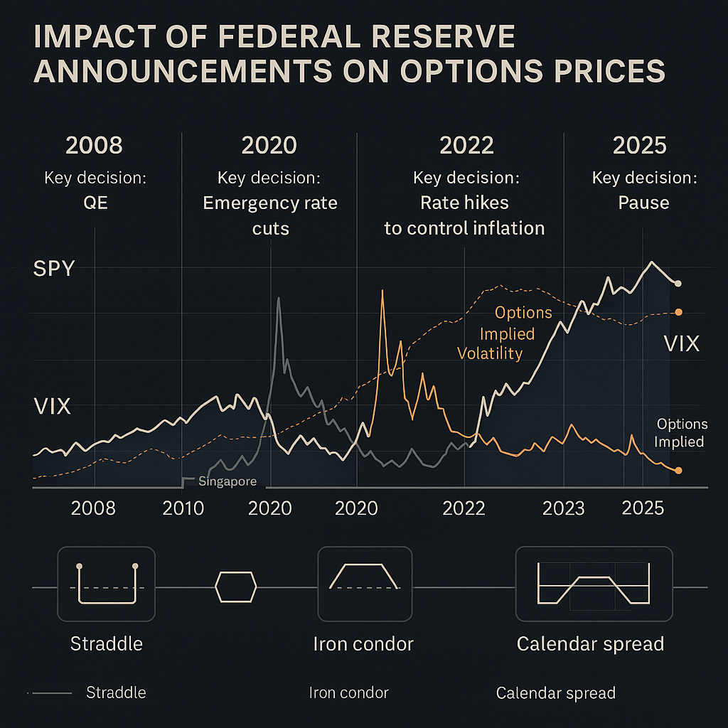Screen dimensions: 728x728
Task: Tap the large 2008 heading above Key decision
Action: tap(94, 145)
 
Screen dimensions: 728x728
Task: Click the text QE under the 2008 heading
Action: tap(95, 203)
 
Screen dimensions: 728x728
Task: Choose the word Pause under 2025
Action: tap(643, 203)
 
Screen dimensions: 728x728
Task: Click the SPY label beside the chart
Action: tap(54, 269)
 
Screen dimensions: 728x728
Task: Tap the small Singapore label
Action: tap(226, 481)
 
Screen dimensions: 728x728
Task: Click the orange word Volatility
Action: tap(490, 353)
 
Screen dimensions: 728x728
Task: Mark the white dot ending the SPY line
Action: tap(678, 283)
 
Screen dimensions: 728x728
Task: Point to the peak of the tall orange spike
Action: tap(382, 291)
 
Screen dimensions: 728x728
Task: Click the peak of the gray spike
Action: tap(278, 298)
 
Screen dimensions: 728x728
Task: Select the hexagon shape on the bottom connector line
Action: tap(235, 587)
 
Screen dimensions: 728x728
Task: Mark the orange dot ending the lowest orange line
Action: tap(678, 471)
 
